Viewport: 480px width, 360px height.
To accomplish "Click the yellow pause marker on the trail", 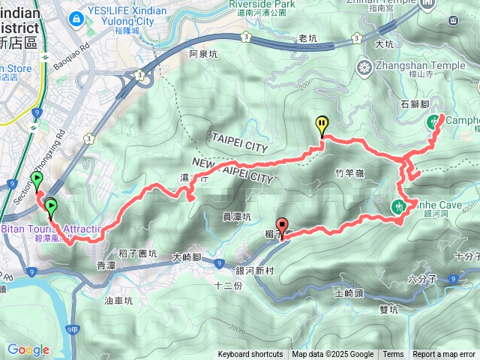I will pyautogui.click(x=322, y=124).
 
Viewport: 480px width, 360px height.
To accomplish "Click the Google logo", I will pyautogui.click(x=28, y=349).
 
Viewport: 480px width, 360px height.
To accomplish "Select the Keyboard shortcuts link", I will pyautogui.click(x=250, y=355).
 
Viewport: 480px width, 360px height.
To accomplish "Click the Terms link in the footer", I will pyautogui.click(x=393, y=355).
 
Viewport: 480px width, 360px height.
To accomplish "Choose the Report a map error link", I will pyautogui.click(x=444, y=355).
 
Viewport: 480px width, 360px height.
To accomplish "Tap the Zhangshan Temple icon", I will pyautogui.click(x=364, y=68).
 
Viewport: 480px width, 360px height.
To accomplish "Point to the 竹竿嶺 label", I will pyautogui.click(x=349, y=172).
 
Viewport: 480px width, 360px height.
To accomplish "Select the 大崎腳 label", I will pyautogui.click(x=187, y=256).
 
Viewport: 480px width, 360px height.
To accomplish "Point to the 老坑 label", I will pyautogui.click(x=307, y=37).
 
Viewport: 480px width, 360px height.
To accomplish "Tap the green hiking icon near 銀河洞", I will pyautogui.click(x=400, y=205).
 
